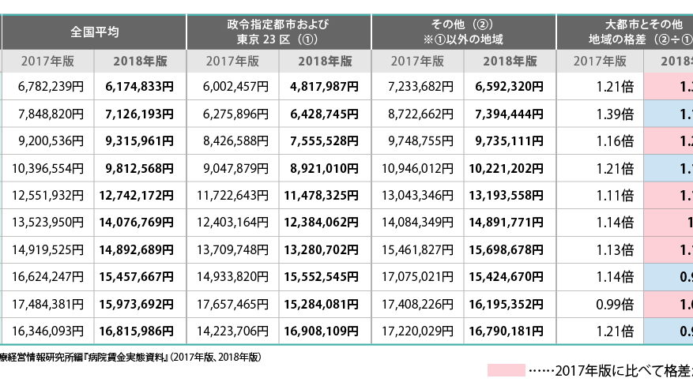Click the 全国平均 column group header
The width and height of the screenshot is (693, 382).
[94, 32]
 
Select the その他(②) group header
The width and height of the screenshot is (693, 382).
[463, 32]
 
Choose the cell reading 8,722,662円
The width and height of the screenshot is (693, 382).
[417, 114]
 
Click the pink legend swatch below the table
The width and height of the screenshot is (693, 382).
[506, 369]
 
